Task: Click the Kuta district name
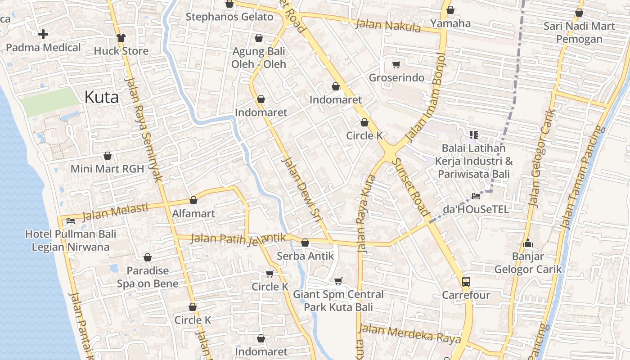(102, 97)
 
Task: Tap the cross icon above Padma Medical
(43, 34)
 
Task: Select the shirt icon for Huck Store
(121, 37)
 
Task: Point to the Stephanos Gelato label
(229, 17)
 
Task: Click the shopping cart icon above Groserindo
(396, 65)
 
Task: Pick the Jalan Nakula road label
(388, 26)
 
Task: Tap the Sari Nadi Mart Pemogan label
(579, 32)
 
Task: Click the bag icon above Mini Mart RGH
(108, 156)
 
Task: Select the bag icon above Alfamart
(193, 200)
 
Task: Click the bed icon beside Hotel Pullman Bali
(71, 220)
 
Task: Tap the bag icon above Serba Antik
(305, 243)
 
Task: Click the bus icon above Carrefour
(466, 282)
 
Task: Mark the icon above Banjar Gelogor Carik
(528, 243)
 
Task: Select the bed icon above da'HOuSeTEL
(476, 196)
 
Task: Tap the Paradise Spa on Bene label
(148, 277)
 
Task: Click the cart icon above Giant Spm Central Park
(338, 281)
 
